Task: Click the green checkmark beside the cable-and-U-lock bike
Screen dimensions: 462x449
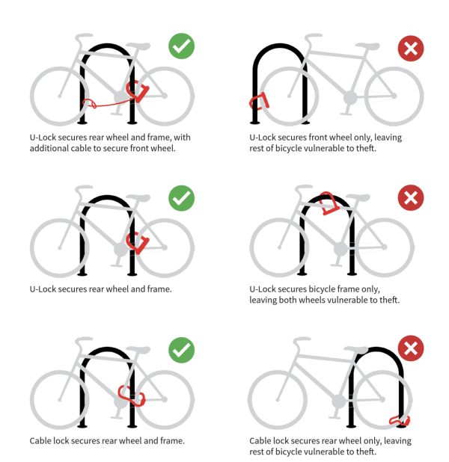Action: click(x=181, y=46)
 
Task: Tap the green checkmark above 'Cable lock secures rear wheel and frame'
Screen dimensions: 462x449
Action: click(x=181, y=349)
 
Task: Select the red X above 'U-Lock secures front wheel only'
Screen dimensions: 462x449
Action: click(x=410, y=49)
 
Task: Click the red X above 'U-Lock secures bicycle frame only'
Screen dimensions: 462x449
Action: click(x=410, y=198)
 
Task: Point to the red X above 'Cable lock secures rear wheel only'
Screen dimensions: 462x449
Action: click(x=410, y=348)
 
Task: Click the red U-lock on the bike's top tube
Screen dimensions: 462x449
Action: click(x=327, y=203)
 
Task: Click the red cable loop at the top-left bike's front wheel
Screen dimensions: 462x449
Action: click(x=88, y=102)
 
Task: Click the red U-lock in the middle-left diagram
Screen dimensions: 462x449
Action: click(x=138, y=241)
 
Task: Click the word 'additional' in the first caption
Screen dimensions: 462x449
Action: click(x=49, y=149)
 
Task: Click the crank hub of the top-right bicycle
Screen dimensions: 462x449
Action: click(x=349, y=97)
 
